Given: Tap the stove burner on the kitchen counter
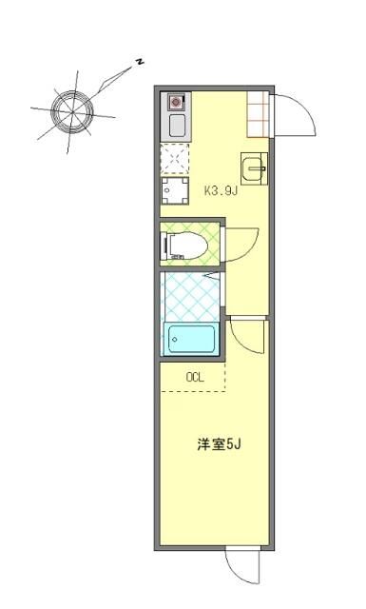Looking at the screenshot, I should pos(177,101).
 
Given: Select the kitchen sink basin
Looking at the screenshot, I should pos(177,125).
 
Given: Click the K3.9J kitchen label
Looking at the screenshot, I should pos(220,190).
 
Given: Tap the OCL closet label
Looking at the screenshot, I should pos(195,377).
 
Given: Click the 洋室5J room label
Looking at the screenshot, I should pos(216,444).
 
